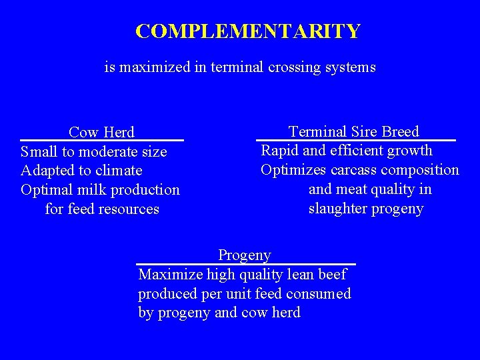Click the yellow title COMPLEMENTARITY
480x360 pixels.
[247, 31]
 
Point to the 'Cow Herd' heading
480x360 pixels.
[101, 132]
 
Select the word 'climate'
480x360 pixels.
[119, 171]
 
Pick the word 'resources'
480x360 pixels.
[130, 209]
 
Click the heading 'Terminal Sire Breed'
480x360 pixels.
[353, 131]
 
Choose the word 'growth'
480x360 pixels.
[409, 151]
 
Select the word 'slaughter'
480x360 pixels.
[337, 209]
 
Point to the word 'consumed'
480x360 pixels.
[319, 293]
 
